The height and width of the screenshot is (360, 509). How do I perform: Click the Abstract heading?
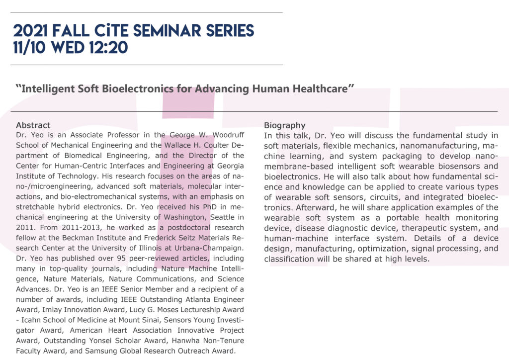33,125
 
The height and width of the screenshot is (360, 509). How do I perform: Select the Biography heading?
285,125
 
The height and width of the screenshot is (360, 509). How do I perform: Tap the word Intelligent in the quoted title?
53,90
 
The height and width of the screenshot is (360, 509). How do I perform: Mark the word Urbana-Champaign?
213,248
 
